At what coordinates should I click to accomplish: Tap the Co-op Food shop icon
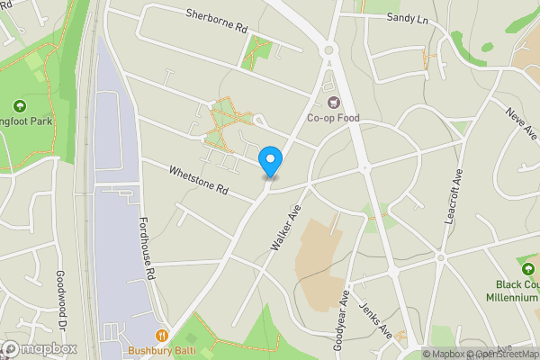334,102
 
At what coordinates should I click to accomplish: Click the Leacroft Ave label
453,201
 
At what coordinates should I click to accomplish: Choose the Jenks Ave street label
375,318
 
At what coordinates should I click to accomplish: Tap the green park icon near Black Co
526,266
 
